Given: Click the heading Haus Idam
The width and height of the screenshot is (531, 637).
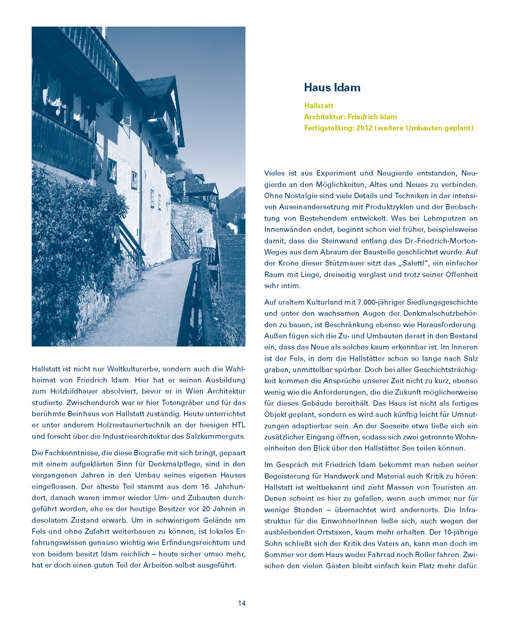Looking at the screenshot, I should (x=332, y=88).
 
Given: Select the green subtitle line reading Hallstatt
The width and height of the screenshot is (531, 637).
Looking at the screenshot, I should (x=318, y=106).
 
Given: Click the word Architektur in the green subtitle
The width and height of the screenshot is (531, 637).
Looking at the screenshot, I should (x=324, y=117).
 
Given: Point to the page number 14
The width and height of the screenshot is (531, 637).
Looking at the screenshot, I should (x=242, y=603).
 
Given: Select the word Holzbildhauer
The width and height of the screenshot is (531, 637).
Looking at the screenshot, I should (x=74, y=391).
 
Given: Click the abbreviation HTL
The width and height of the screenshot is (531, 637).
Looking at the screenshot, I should (x=238, y=425).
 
